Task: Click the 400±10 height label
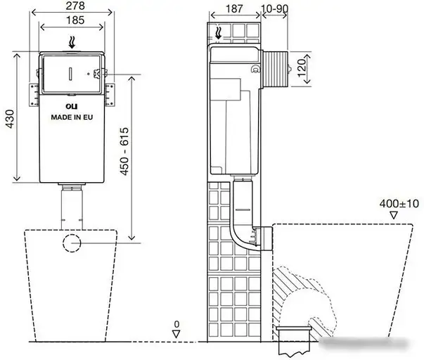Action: (x=394, y=202)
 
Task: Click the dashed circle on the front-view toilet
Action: (x=73, y=243)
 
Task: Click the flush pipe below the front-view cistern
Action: (x=72, y=207)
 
